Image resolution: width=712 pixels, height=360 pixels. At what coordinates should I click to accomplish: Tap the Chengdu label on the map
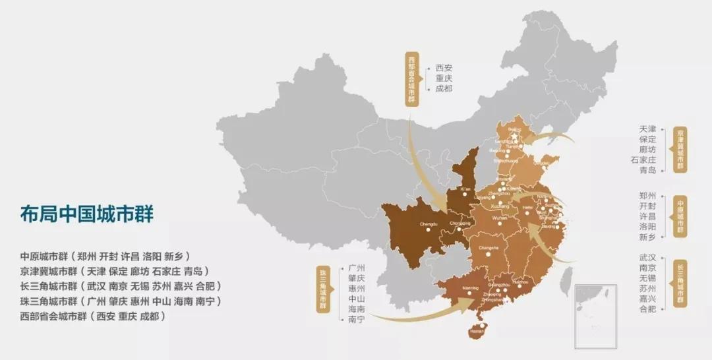pyautogui.click(x=429, y=224)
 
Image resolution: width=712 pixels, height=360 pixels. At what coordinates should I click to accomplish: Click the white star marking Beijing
pyautogui.click(x=514, y=137)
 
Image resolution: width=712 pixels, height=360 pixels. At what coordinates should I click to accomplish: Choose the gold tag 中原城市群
pyautogui.click(x=680, y=216)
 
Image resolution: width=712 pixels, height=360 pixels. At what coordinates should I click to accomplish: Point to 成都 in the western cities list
pyautogui.click(x=444, y=88)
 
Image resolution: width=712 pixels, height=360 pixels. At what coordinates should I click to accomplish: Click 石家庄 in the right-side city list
pyautogui.click(x=643, y=158)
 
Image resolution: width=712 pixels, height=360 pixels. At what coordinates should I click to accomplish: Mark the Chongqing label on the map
pyautogui.click(x=460, y=223)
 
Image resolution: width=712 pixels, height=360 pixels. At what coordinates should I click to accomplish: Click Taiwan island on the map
pyautogui.click(x=565, y=280)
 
